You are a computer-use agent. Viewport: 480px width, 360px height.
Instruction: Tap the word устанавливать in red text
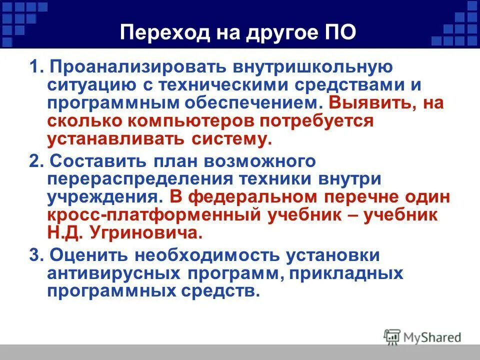[x=116, y=139]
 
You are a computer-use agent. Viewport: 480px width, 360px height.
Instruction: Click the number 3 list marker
[x=33, y=255]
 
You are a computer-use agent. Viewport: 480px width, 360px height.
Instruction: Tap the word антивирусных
[x=114, y=273]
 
